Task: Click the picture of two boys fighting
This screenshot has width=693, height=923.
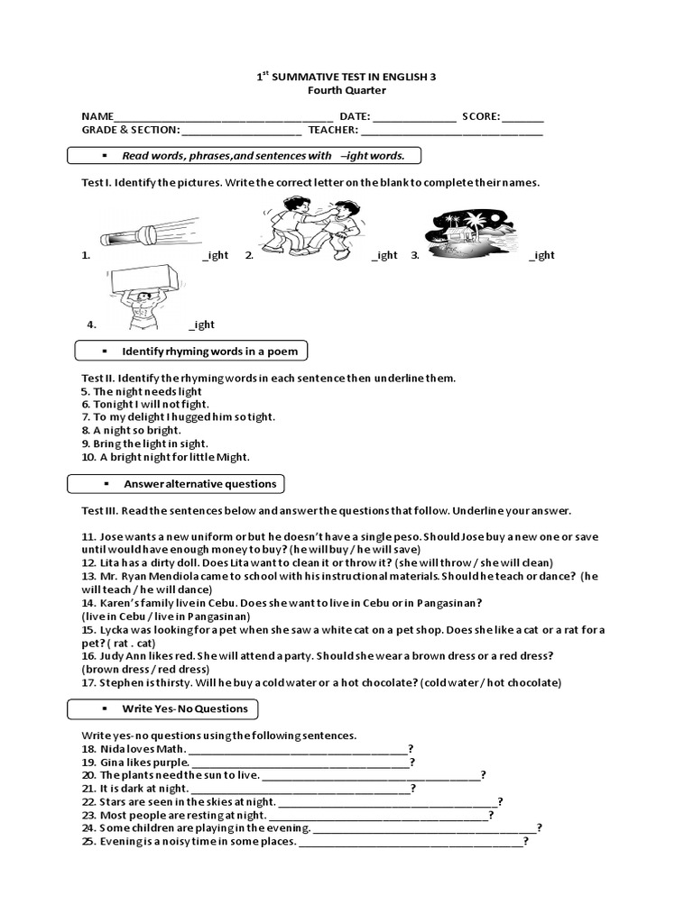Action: click(x=303, y=227)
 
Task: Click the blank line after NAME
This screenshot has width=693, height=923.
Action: click(x=223, y=117)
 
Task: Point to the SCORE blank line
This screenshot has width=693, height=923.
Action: click(x=522, y=117)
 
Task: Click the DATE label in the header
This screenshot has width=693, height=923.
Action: click(x=354, y=116)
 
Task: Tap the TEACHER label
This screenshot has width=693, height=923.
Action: click(x=331, y=130)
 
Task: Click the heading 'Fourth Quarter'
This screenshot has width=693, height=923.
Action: click(x=346, y=90)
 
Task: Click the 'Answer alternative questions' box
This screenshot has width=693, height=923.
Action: click(x=177, y=484)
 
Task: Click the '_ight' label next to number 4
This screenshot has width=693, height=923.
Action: click(x=201, y=324)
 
